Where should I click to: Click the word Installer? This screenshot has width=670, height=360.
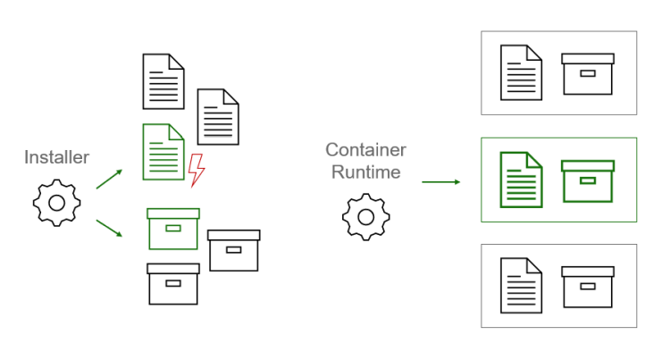pyautogui.click(x=57, y=157)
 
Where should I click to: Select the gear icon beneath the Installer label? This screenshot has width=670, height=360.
pyautogui.click(x=56, y=202)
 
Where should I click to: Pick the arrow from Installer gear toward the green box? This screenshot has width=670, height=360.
pyautogui.click(x=110, y=229)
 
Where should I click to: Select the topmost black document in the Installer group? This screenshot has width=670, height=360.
pyautogui.click(x=163, y=81)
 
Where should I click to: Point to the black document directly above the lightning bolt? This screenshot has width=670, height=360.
pyautogui.click(x=217, y=116)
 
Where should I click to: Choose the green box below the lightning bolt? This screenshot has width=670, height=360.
pyautogui.click(x=172, y=229)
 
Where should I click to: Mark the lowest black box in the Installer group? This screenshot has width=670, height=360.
pyautogui.click(x=172, y=283)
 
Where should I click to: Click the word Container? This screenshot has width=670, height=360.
pyautogui.click(x=365, y=149)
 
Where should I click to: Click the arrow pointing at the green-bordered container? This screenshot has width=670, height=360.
pyautogui.click(x=440, y=182)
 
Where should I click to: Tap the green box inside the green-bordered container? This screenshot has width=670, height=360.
pyautogui.click(x=587, y=180)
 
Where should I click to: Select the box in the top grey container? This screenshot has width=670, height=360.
pyautogui.click(x=587, y=73)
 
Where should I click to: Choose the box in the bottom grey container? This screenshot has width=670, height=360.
pyautogui.click(x=587, y=286)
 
